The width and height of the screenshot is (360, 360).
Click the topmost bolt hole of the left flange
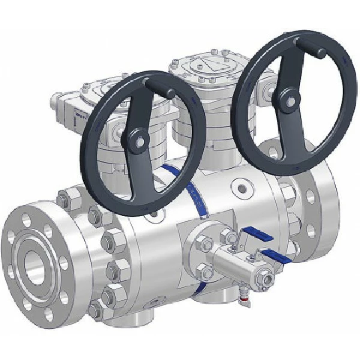point(30,215)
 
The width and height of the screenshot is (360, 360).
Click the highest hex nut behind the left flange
point(66,196)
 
